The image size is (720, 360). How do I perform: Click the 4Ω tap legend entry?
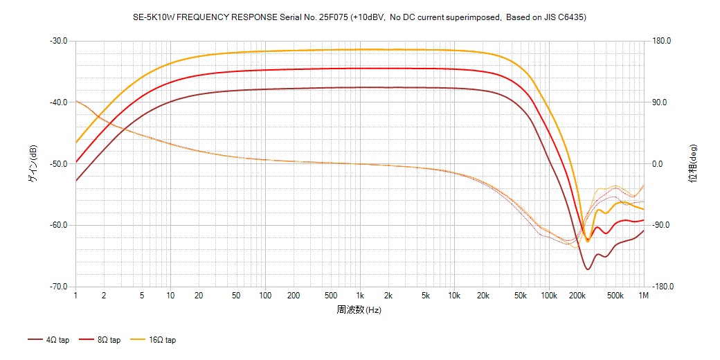[x=48, y=340]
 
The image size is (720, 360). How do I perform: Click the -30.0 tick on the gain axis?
[x=58, y=41]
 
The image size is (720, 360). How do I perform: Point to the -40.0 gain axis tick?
[x=58, y=102]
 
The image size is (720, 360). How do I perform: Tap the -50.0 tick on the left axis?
[x=58, y=164]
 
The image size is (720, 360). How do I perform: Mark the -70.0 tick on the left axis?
[x=58, y=287]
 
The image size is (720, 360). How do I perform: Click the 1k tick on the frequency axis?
[x=359, y=296]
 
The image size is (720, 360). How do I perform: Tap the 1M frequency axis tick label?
[x=643, y=296]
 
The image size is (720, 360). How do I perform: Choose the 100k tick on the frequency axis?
[x=548, y=296]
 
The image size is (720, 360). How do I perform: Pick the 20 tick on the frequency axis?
[x=199, y=296]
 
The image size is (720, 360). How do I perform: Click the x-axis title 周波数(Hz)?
[x=359, y=309]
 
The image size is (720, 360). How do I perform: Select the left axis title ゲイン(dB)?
[x=32, y=164]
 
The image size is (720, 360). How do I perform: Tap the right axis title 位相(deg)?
[x=692, y=164]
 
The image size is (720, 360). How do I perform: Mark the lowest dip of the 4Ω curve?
[x=587, y=269]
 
